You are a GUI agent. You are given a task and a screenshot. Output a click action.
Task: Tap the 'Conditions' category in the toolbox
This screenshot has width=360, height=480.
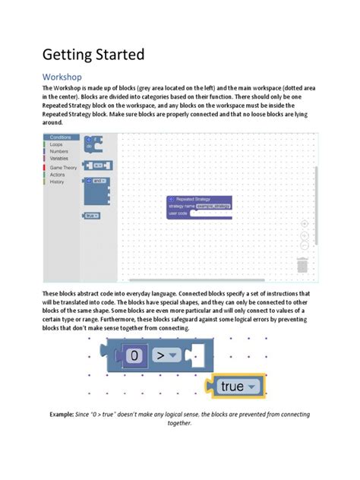(x=60, y=137)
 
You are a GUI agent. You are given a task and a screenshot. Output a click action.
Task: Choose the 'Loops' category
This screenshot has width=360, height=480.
(x=57, y=144)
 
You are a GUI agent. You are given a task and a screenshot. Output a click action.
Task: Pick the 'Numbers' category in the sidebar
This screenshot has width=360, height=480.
(x=59, y=151)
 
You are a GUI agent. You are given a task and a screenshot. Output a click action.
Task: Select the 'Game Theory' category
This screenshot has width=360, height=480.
(x=64, y=168)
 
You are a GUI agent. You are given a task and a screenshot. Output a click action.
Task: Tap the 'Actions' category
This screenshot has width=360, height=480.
(x=58, y=175)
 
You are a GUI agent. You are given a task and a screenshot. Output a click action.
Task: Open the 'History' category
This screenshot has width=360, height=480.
(x=57, y=182)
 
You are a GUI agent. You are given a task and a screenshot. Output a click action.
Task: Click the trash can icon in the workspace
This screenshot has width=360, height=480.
(x=302, y=265)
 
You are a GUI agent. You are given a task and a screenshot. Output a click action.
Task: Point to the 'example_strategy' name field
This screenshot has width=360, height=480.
(x=213, y=206)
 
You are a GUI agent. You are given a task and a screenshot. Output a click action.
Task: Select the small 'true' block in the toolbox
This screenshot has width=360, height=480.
(x=91, y=216)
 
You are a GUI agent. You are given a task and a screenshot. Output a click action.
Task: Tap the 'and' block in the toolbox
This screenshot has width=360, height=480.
(x=97, y=181)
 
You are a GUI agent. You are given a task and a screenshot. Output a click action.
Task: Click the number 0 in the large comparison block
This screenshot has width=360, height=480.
(x=135, y=355)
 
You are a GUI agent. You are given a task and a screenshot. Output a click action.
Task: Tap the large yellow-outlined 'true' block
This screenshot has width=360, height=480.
(x=235, y=387)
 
